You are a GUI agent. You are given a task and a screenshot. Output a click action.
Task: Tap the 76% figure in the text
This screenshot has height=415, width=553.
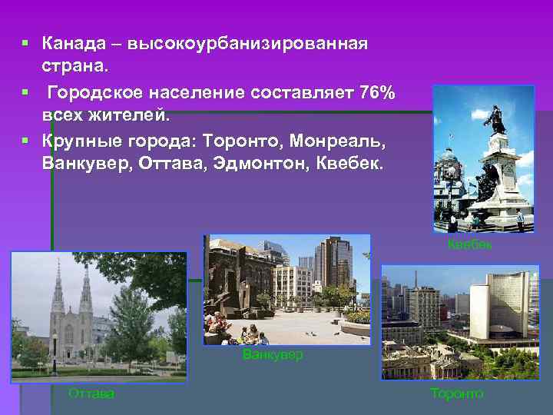click(x=377, y=94)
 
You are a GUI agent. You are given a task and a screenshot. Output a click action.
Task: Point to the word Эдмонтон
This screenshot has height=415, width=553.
click(x=265, y=164)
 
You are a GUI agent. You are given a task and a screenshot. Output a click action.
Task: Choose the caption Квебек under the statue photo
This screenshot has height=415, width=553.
click(x=469, y=244)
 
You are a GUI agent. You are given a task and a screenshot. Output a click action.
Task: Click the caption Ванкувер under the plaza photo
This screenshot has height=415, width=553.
click(x=273, y=355)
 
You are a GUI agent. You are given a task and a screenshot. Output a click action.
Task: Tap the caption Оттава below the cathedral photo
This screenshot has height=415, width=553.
click(x=91, y=393)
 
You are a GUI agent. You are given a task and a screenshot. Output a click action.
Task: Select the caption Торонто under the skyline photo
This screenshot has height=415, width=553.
click(x=457, y=393)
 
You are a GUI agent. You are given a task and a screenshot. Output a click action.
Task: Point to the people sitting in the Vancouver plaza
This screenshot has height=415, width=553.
click(x=246, y=334)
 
